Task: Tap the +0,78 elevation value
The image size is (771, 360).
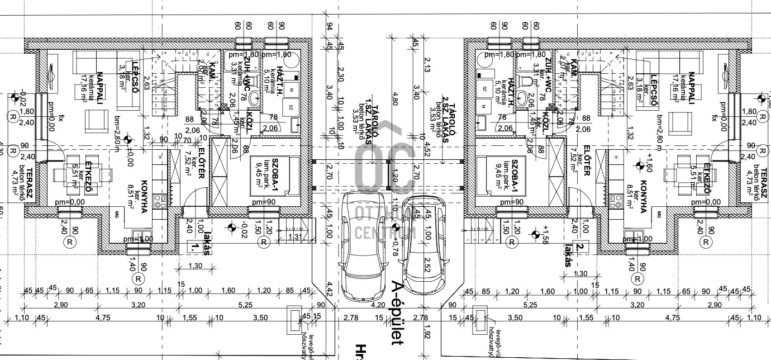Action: [395, 245]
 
